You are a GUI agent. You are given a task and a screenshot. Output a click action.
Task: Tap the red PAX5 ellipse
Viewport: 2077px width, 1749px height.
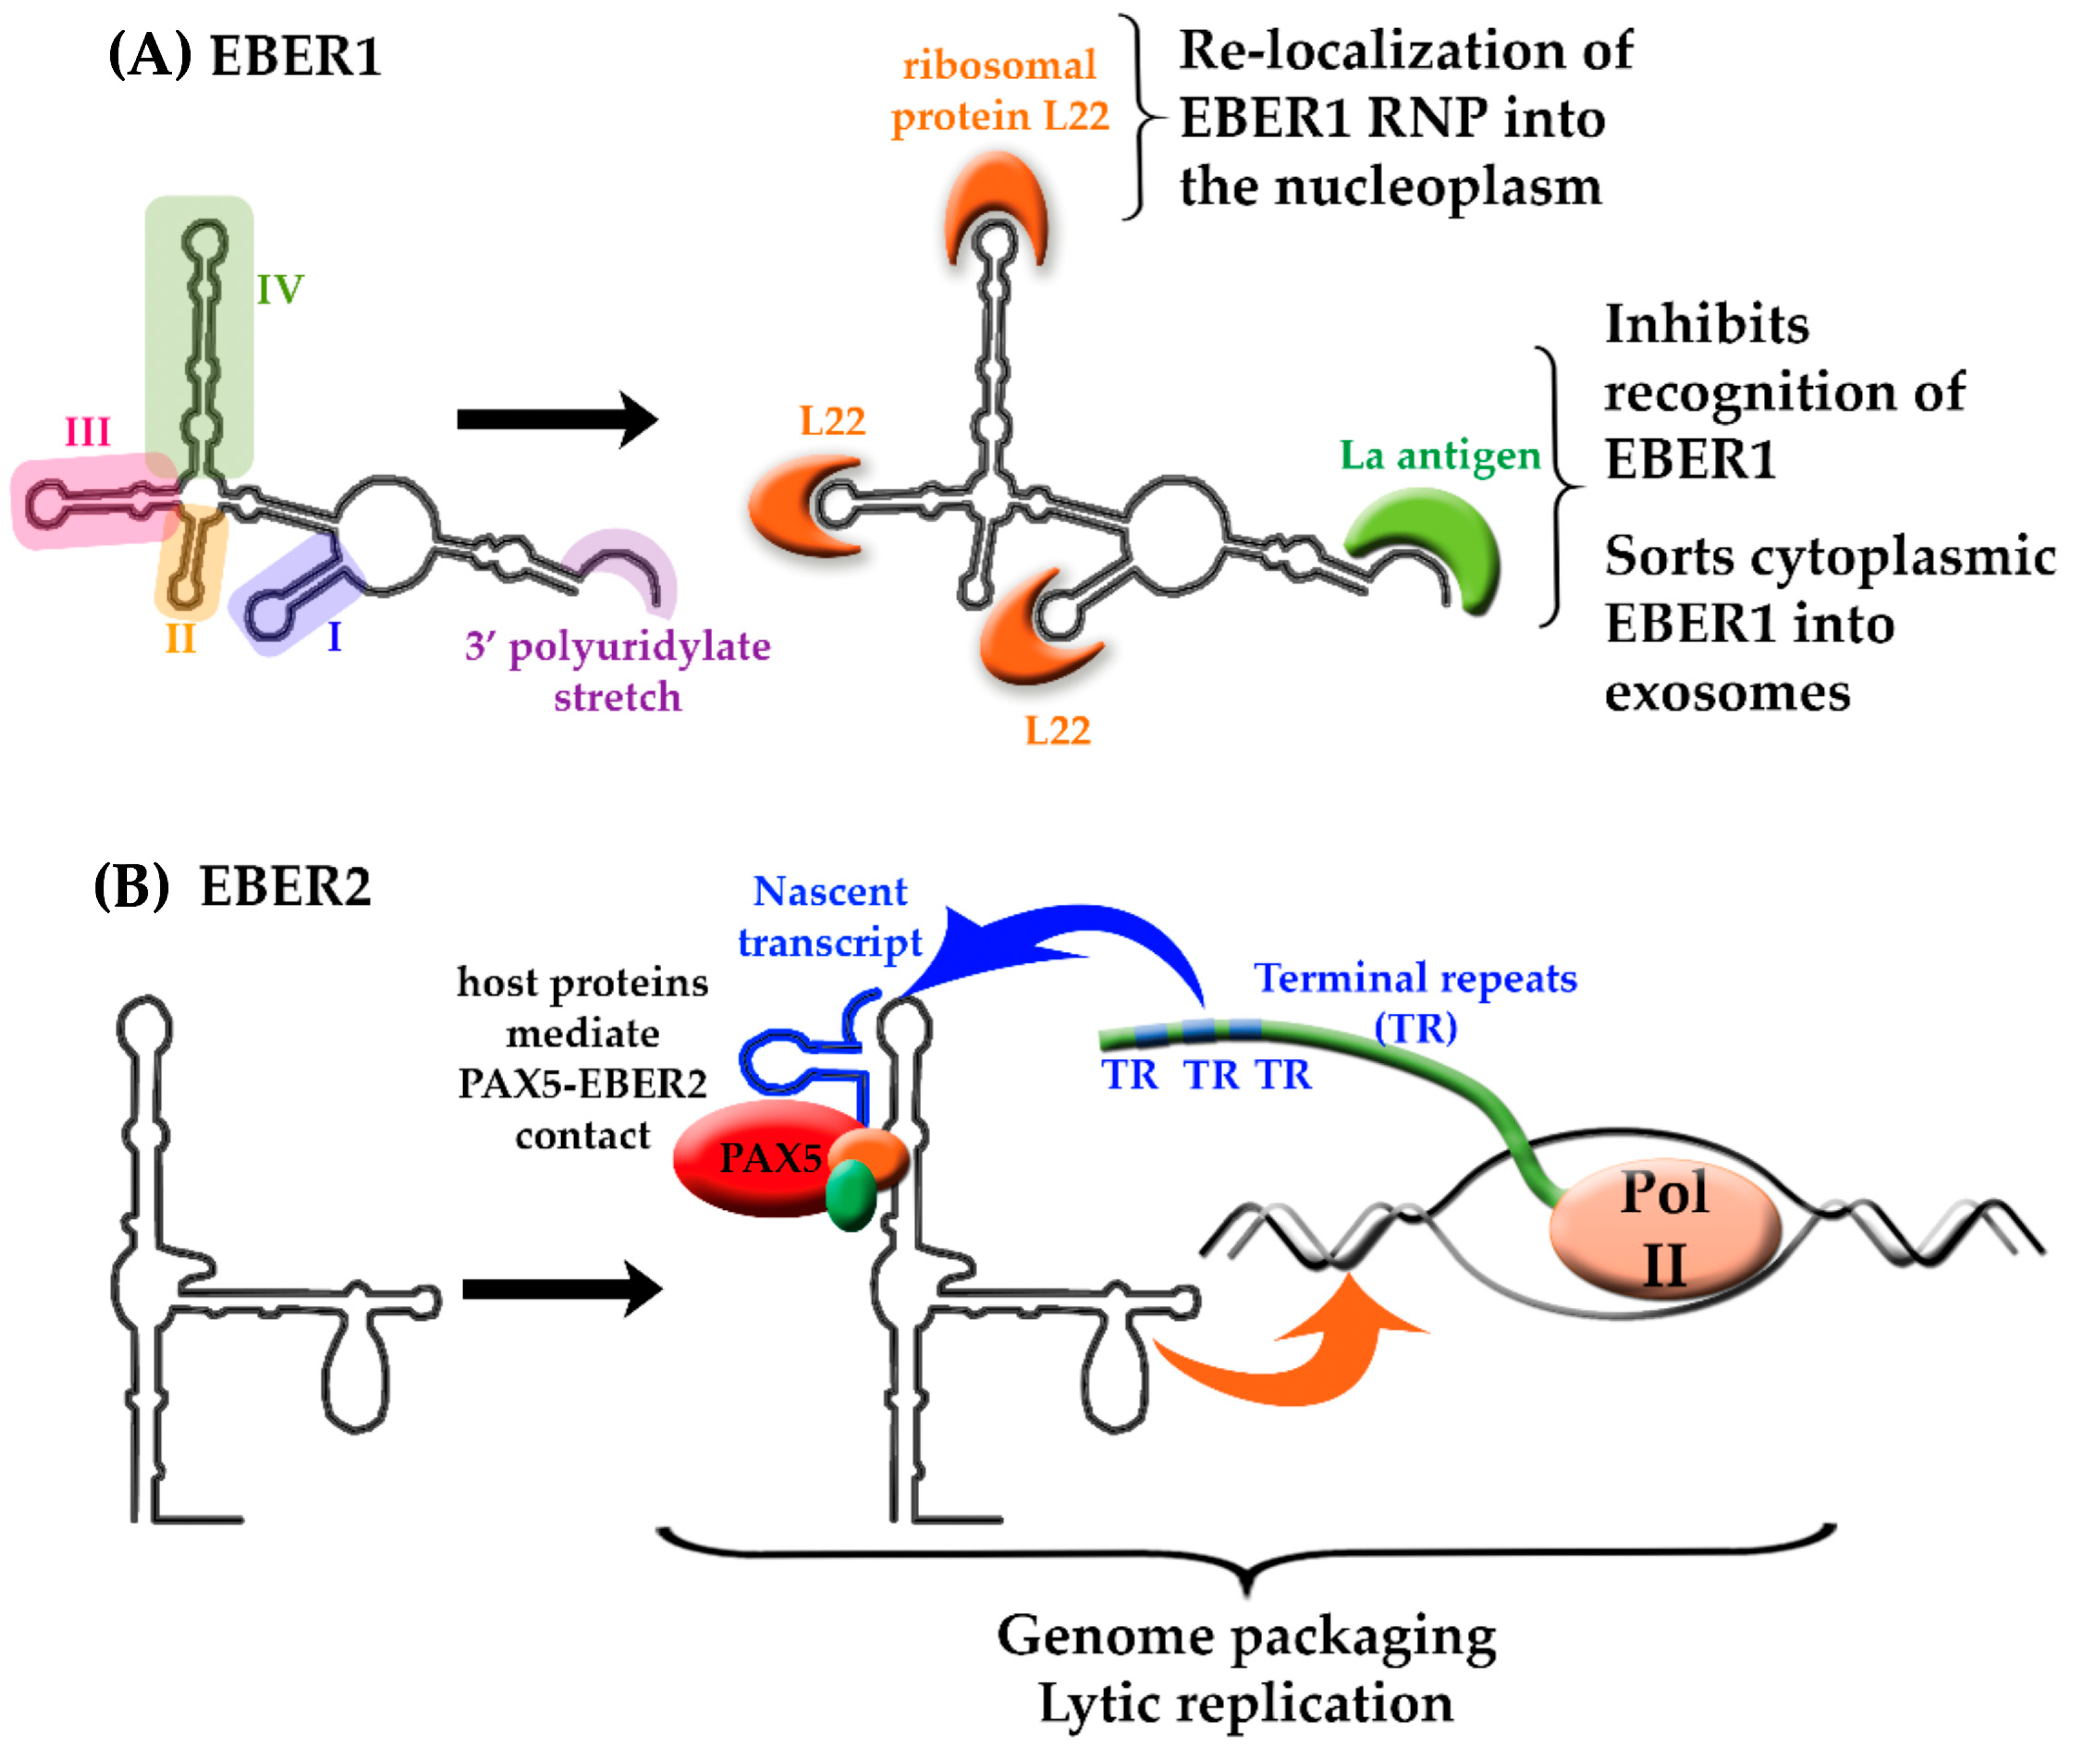754,1158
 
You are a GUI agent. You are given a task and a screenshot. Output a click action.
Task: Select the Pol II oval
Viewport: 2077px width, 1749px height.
1665,1230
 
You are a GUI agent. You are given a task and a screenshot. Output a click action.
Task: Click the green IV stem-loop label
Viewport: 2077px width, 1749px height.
279,290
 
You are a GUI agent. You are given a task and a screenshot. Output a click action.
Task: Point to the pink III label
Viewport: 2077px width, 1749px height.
87,433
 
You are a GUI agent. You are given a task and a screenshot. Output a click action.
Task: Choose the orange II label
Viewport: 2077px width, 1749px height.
181,640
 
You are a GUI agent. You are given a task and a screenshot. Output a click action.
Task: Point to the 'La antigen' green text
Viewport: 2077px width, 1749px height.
1440,456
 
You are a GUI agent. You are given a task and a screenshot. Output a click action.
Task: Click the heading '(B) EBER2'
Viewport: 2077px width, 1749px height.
232,885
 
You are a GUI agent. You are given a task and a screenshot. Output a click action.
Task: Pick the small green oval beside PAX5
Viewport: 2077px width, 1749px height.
850,1196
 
